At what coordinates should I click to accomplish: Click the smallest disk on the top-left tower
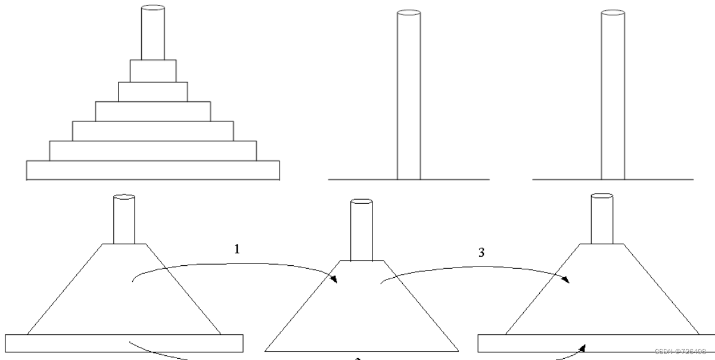tap(153, 70)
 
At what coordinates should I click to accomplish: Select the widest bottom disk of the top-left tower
tap(153, 170)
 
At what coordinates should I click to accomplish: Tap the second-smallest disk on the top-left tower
tap(153, 91)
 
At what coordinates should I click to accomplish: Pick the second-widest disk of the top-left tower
tap(153, 150)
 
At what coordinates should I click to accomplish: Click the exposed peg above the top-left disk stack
tap(153, 33)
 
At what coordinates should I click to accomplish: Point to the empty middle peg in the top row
tap(409, 95)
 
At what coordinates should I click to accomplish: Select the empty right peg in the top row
tap(613, 95)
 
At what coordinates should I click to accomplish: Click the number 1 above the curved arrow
tap(237, 250)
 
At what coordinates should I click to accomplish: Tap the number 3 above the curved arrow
tap(481, 252)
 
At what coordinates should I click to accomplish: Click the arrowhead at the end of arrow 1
tap(332, 279)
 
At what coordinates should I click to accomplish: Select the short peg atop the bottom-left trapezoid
tap(124, 219)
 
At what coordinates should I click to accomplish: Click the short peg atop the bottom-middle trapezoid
tap(361, 231)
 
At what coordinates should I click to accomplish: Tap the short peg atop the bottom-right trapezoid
tap(601, 219)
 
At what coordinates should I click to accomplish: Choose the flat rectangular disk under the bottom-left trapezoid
tap(124, 343)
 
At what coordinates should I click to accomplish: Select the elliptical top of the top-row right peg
tap(613, 13)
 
